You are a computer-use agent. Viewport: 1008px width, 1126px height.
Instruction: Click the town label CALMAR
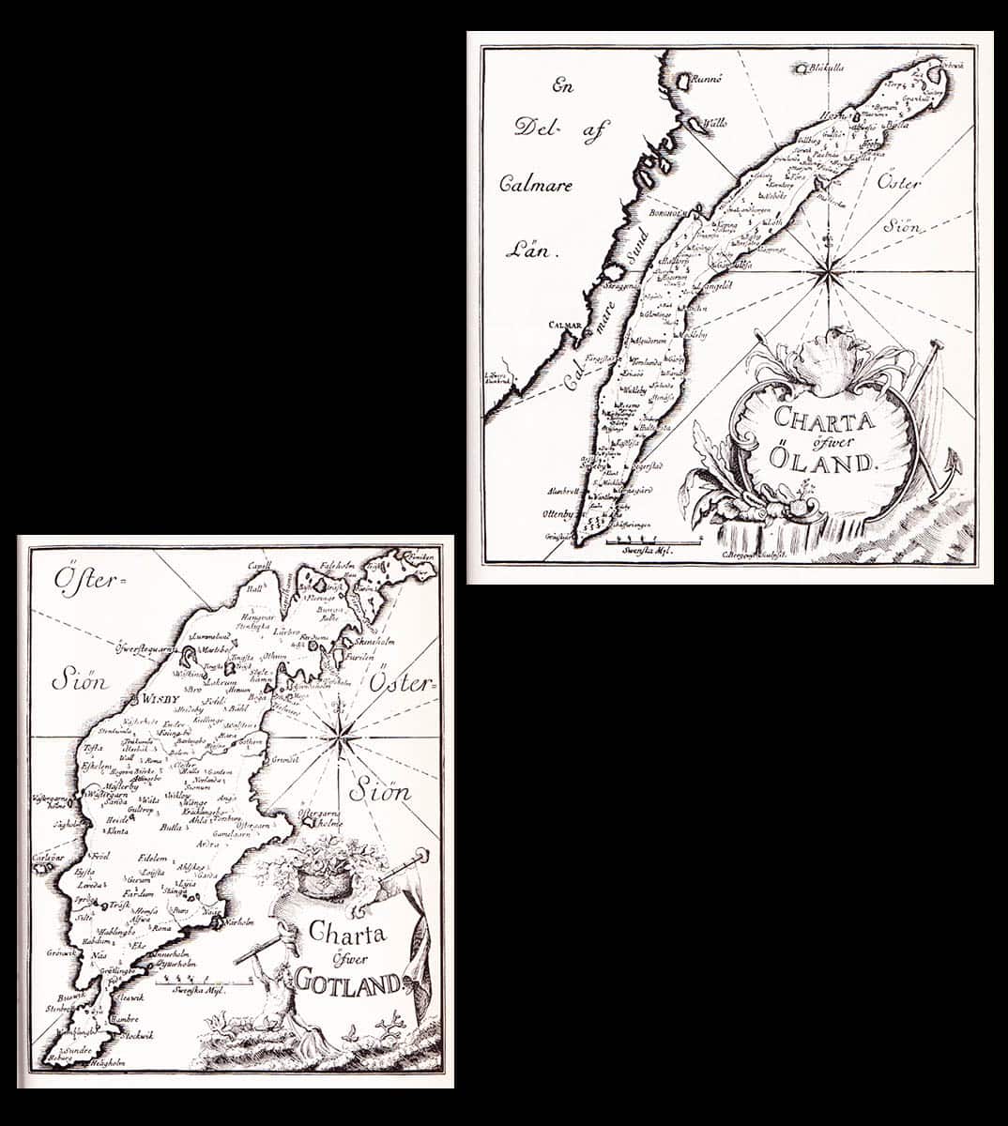click(x=566, y=328)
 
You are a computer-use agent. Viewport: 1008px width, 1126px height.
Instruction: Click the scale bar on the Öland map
click(x=653, y=542)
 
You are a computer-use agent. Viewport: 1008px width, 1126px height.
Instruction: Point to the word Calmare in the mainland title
click(x=530, y=184)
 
